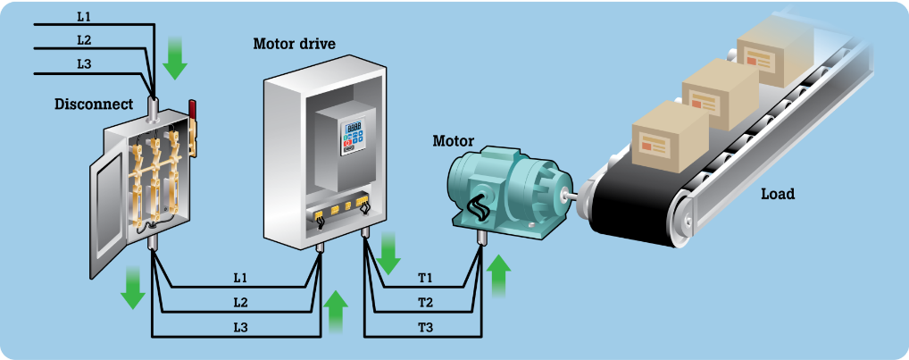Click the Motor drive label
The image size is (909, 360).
click(294, 44)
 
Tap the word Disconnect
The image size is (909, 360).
click(94, 105)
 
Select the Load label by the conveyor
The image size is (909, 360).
click(778, 194)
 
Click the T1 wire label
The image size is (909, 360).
click(426, 278)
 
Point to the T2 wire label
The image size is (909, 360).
click(426, 303)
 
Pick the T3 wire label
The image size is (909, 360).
click(426, 328)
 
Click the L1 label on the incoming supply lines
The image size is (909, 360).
click(84, 17)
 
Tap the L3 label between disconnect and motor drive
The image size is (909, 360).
click(240, 328)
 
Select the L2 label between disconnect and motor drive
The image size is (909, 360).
click(240, 303)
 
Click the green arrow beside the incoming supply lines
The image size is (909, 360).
click(174, 58)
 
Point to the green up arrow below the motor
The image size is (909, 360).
click(498, 276)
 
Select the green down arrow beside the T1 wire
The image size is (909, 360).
click(388, 254)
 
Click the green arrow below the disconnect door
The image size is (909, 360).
click(133, 288)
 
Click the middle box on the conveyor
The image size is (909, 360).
click(720, 94)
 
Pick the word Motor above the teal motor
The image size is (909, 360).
click(454, 141)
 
